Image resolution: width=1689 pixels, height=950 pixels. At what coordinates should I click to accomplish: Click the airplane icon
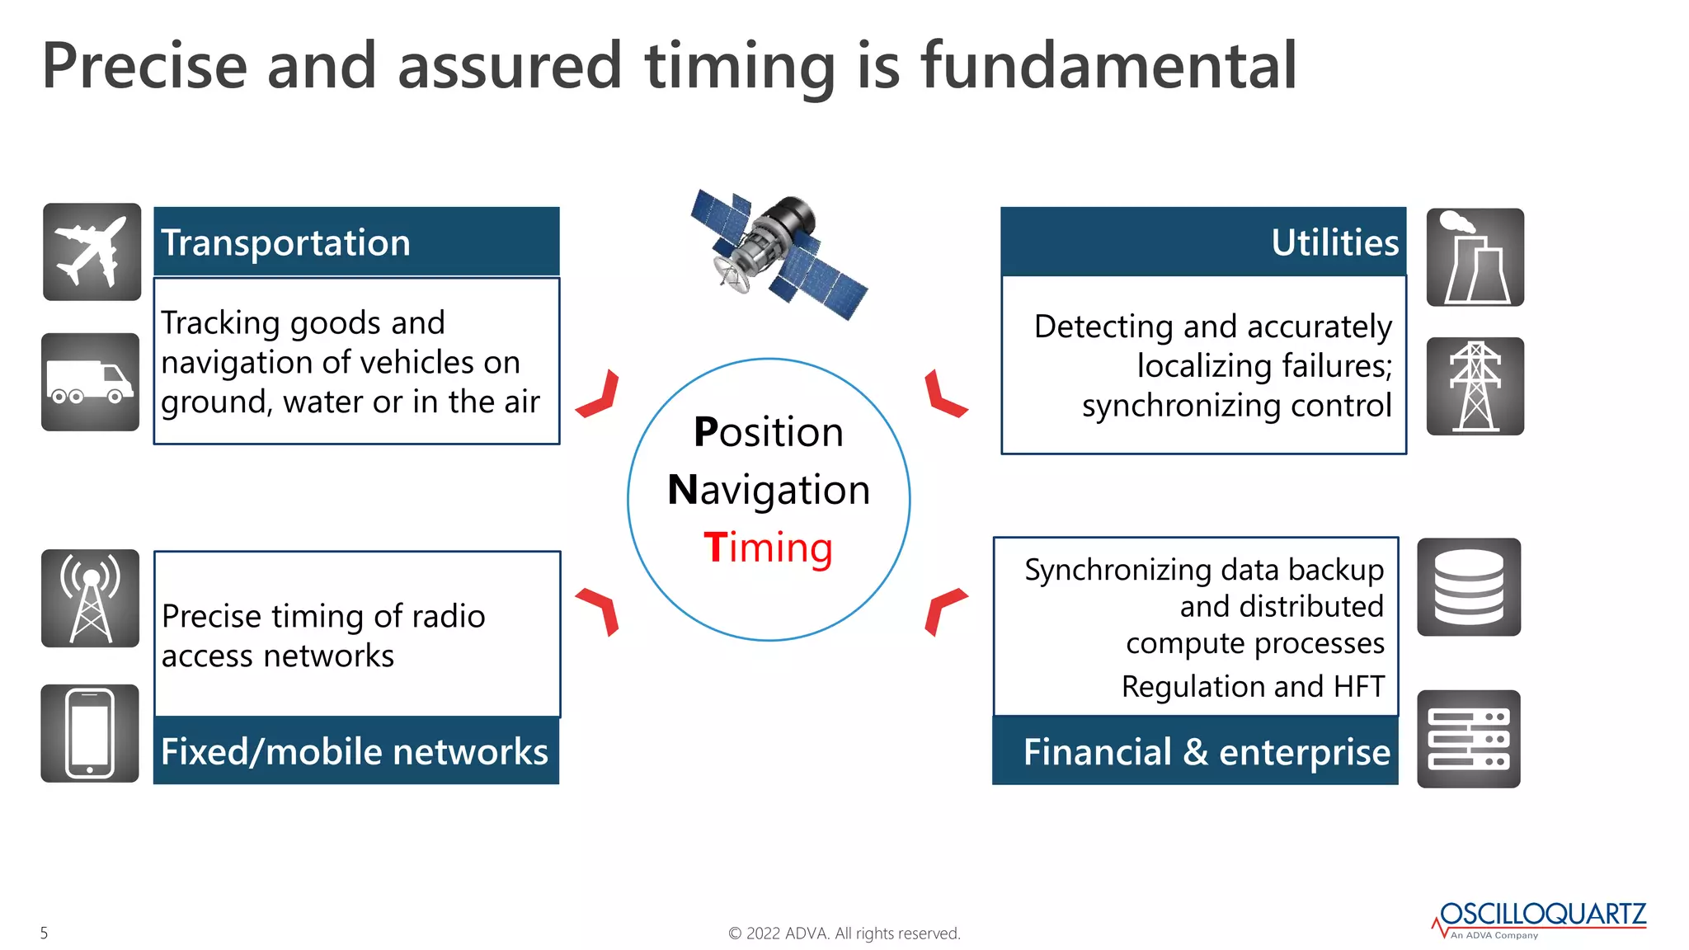point(92,252)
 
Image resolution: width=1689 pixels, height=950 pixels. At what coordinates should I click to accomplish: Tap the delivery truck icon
point(90,382)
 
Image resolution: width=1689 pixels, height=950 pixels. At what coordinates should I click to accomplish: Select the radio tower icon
point(90,598)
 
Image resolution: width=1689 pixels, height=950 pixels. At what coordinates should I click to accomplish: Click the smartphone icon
point(90,733)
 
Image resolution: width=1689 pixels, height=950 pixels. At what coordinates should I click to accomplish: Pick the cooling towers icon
point(1475,257)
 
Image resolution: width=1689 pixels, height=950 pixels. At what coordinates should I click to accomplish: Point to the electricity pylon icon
point(1475,386)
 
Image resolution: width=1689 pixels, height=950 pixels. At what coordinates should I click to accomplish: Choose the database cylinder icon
point(1469,587)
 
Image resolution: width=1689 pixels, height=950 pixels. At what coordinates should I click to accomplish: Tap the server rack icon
point(1469,739)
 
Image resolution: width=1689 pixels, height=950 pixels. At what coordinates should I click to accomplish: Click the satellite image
point(779,252)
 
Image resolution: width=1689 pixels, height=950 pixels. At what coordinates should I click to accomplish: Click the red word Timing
point(769,548)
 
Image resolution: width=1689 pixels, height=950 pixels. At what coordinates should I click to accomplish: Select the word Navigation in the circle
point(769,490)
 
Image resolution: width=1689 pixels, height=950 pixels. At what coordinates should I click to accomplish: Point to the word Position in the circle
point(769,432)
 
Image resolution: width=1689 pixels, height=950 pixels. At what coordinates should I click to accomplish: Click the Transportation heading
point(285,242)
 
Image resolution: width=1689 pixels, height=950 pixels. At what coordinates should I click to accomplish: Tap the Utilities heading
point(1334,242)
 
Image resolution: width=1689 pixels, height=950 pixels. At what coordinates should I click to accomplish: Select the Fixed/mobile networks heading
point(355,752)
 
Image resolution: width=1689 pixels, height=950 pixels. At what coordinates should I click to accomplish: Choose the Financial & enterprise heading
point(1207,752)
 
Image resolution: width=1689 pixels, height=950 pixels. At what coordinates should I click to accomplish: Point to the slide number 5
point(45,933)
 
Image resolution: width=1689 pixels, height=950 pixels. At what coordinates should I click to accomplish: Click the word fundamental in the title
point(1108,66)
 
